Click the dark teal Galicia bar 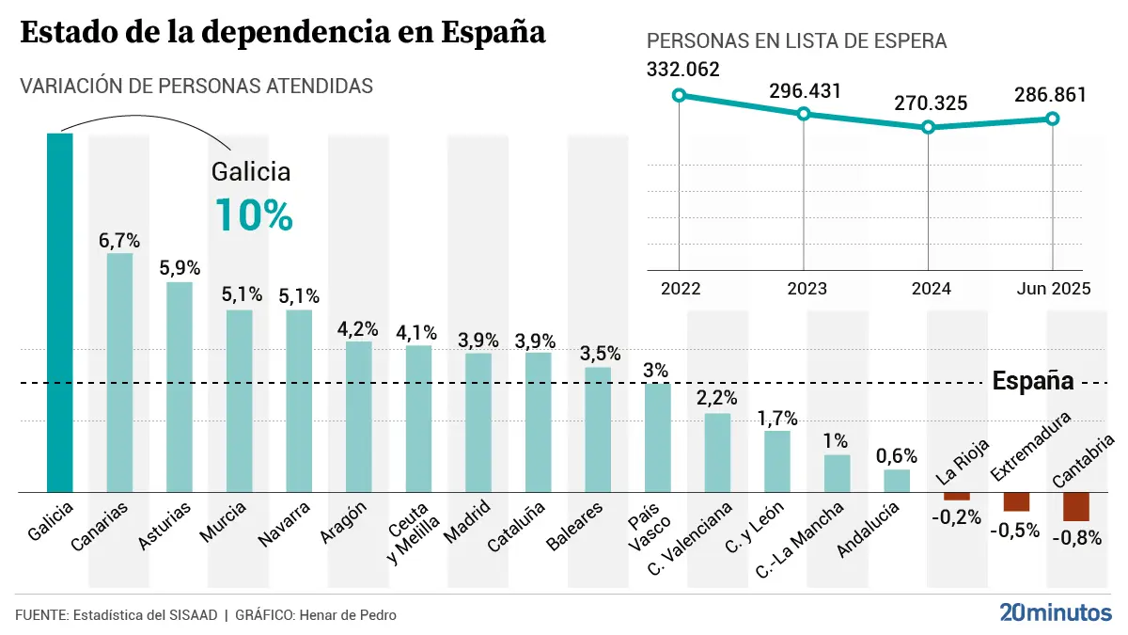[x=60, y=312]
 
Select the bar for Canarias [x=119, y=373]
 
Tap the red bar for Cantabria [x=1076, y=506]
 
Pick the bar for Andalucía [x=897, y=481]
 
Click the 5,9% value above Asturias [x=180, y=267]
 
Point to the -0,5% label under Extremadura [x=1015, y=530]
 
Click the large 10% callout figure [x=254, y=214]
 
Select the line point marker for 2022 [x=679, y=95]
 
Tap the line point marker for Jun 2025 [x=1052, y=119]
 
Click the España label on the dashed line [x=1033, y=382]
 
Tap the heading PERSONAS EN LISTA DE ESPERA [x=796, y=41]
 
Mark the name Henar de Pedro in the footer [x=347, y=615]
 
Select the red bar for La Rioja [x=957, y=496]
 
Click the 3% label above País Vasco [x=657, y=370]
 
